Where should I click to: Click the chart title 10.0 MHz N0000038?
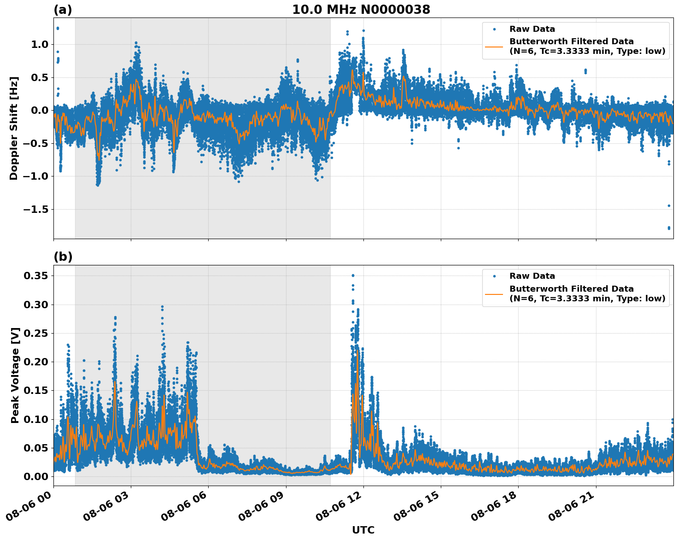click(x=361, y=10)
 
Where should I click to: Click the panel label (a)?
click(x=63, y=10)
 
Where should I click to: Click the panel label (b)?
click(x=63, y=257)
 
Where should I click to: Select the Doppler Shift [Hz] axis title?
click(x=14, y=128)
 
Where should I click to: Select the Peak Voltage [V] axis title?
click(x=15, y=376)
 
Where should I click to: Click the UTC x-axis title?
click(x=363, y=530)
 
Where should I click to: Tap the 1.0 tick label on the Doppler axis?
click(x=39, y=45)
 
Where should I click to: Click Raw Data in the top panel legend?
click(x=532, y=29)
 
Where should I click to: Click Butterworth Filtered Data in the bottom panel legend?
click(x=571, y=289)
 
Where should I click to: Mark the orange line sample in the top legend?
click(x=494, y=46)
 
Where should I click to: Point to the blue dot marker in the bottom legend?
click(x=494, y=276)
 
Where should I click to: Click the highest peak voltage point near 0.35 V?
click(x=353, y=276)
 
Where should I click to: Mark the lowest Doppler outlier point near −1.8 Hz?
click(x=669, y=228)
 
